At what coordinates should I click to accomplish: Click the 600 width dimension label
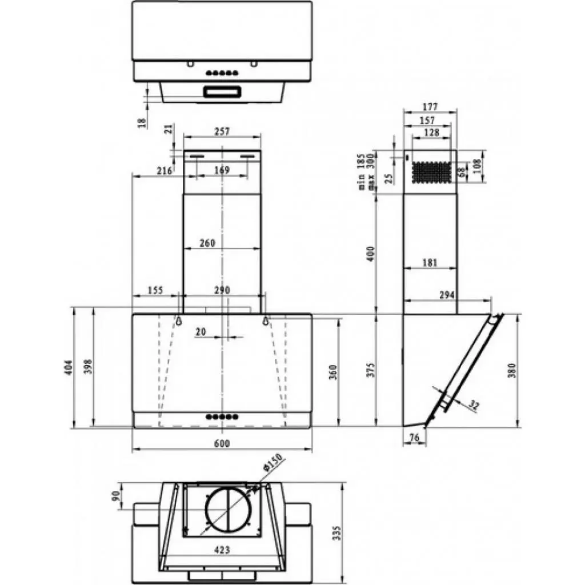pyautogui.click(x=222, y=444)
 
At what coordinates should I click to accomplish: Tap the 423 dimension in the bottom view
pyautogui.click(x=222, y=550)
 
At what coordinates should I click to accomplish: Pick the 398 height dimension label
pyautogui.click(x=87, y=367)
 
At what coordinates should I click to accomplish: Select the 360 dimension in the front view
pyautogui.click(x=334, y=371)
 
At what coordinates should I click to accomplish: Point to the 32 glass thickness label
pyautogui.click(x=473, y=405)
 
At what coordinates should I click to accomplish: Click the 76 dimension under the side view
pyautogui.click(x=414, y=438)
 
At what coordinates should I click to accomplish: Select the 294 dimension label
pyautogui.click(x=446, y=295)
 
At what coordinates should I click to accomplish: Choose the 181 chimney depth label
pyautogui.click(x=430, y=262)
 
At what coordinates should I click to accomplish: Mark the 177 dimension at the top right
pyautogui.click(x=430, y=106)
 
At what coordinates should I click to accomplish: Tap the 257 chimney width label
pyautogui.click(x=222, y=131)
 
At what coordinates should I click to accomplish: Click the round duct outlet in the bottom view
pyautogui.click(x=228, y=509)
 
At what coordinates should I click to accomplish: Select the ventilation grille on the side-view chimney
pyautogui.click(x=433, y=172)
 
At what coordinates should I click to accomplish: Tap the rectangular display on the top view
pyautogui.click(x=222, y=91)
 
